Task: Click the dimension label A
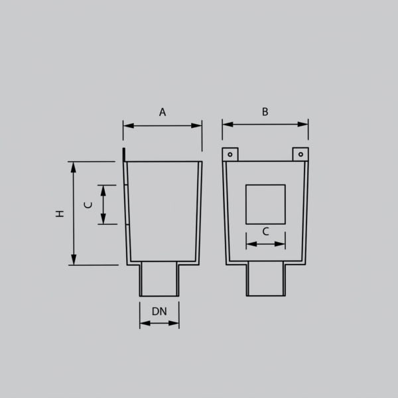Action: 163,112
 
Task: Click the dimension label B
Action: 265,111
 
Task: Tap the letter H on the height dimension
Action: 60,214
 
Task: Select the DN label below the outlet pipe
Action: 159,312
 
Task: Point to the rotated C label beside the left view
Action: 88,205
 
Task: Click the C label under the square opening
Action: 266,232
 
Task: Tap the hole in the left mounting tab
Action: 230,155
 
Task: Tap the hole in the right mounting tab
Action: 300,155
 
